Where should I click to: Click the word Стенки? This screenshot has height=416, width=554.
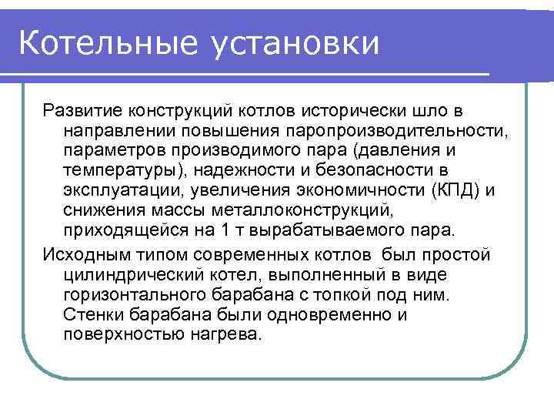point(93,315)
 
